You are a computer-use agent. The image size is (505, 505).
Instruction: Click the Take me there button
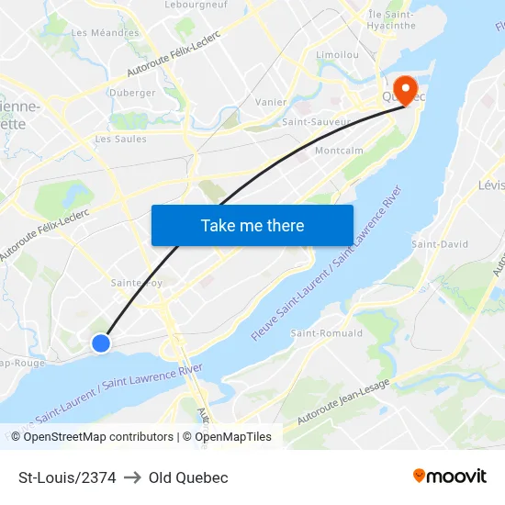252,225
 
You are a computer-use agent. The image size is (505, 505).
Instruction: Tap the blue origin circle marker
101,342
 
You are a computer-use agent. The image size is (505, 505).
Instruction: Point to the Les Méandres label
106,33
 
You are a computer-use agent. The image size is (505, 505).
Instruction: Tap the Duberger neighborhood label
132,92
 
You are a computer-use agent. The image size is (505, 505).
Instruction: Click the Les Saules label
121,140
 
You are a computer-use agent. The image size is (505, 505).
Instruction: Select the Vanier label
271,102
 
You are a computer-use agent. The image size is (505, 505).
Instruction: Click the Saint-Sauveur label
317,121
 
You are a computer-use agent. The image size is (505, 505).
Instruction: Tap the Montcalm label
339,151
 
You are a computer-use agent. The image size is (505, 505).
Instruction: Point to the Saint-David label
440,244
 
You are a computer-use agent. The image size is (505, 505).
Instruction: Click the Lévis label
491,185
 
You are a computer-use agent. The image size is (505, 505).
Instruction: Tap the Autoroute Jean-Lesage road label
336,404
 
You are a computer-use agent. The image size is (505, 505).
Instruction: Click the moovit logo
450,477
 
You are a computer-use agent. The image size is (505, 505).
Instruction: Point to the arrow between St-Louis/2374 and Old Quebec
132,477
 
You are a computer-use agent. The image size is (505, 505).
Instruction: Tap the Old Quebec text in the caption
188,477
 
